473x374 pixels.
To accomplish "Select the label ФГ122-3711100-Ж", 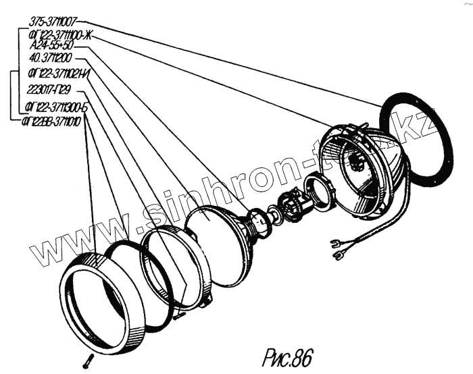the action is (59, 34).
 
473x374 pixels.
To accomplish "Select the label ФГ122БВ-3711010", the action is (51, 122).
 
